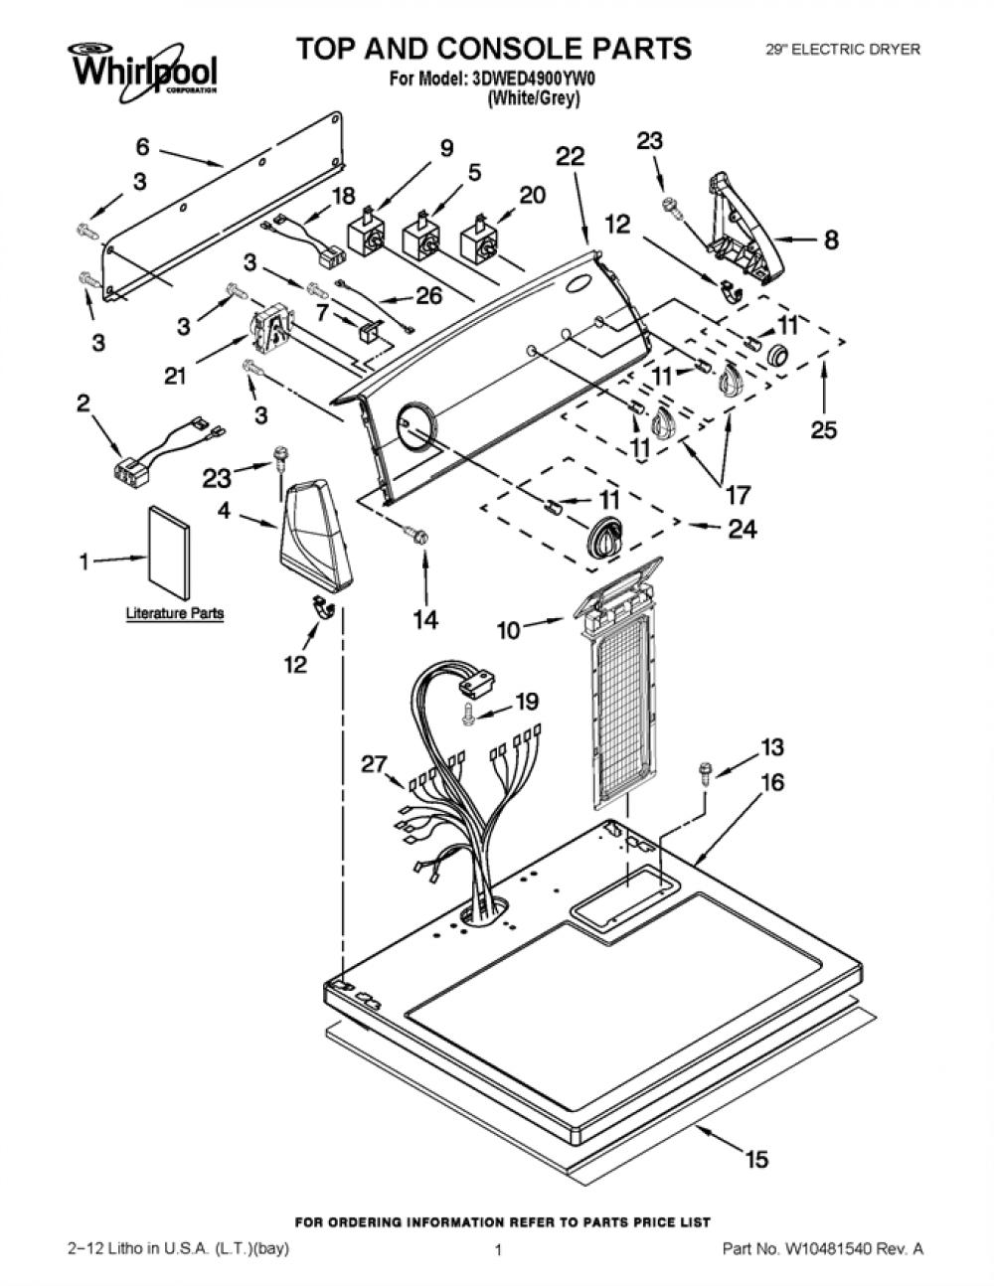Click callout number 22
click(571, 156)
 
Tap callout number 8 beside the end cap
click(831, 240)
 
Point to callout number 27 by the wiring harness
click(375, 764)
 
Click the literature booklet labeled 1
click(169, 553)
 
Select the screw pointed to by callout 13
click(706, 773)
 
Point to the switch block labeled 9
click(368, 232)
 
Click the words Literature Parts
click(175, 613)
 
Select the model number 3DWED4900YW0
click(533, 79)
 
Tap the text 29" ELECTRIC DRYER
click(843, 49)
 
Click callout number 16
click(771, 782)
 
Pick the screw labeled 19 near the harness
click(468, 715)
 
